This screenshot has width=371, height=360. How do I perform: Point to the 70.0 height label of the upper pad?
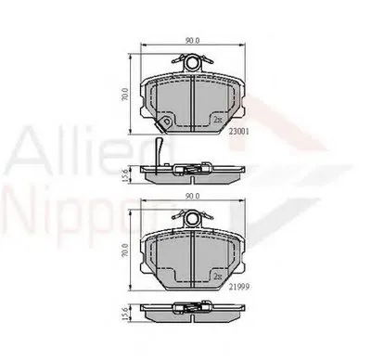[123, 96]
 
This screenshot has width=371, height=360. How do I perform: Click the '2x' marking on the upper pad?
[216, 119]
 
